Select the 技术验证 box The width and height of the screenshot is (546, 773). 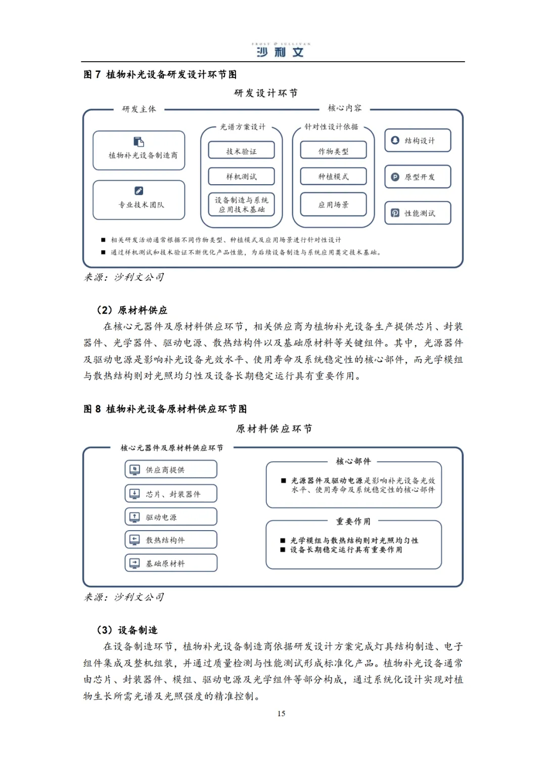tap(241, 151)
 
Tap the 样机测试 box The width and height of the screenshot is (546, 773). tap(241, 177)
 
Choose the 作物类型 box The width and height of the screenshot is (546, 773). tap(333, 151)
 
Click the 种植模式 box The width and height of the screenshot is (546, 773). tap(333, 177)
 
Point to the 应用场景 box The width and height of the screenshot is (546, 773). tap(333, 204)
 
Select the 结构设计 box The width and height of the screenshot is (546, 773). tap(418, 141)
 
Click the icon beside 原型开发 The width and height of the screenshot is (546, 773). tap(395, 177)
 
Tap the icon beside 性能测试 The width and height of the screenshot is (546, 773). tap(395, 213)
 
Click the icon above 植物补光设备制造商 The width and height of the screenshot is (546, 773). tap(139, 142)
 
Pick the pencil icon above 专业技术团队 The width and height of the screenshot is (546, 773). tap(139, 191)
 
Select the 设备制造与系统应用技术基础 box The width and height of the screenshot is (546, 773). tap(241, 204)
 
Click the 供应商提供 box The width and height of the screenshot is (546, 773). tap(171, 469)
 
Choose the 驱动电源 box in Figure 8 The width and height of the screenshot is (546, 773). tap(171, 517)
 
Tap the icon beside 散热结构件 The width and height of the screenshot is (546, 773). tap(135, 540)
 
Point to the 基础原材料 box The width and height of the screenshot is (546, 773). tap(171, 563)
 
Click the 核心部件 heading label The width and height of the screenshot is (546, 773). tap(353, 461)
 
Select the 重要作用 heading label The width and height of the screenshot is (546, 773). tap(353, 521)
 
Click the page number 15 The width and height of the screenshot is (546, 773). tap(281, 713)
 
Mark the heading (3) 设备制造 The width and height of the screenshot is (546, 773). tap(127, 630)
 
